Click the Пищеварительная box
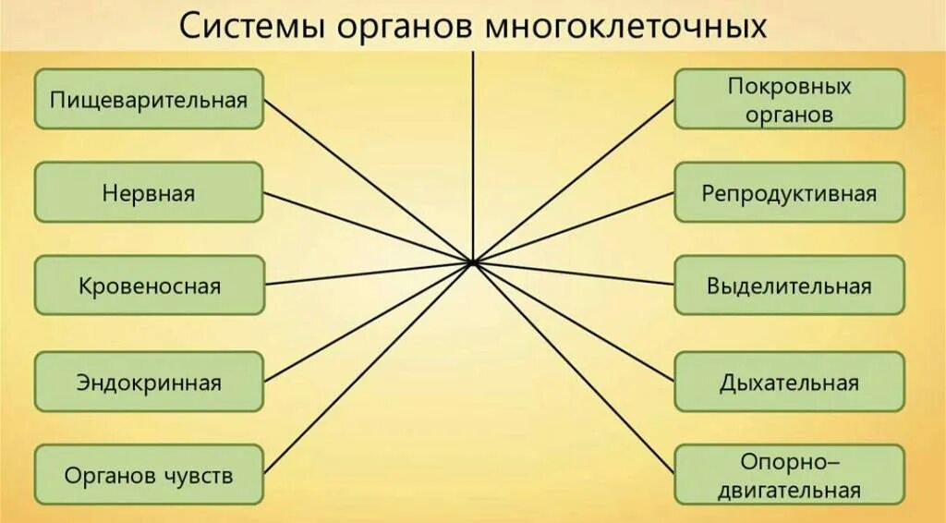(149, 99)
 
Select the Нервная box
(149, 192)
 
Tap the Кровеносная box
(149, 286)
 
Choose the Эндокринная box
(149, 381)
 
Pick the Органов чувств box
(149, 475)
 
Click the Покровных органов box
(789, 99)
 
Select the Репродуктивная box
(789, 193)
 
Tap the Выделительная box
(789, 286)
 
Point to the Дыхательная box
(789, 382)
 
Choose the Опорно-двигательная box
(789, 475)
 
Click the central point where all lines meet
(472, 263)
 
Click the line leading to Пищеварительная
(368, 181)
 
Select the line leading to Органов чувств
(368, 370)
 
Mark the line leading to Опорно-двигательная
(574, 365)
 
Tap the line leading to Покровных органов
(574, 181)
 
